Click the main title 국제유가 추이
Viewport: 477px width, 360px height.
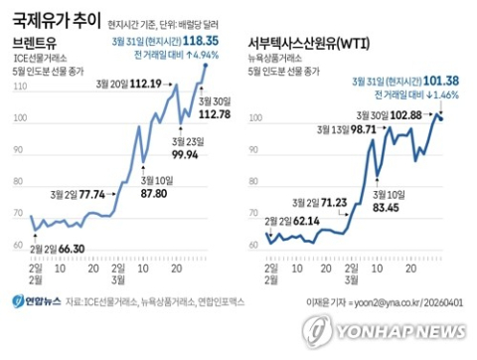(x=52, y=18)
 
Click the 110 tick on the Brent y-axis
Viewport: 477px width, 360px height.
(x=20, y=89)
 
